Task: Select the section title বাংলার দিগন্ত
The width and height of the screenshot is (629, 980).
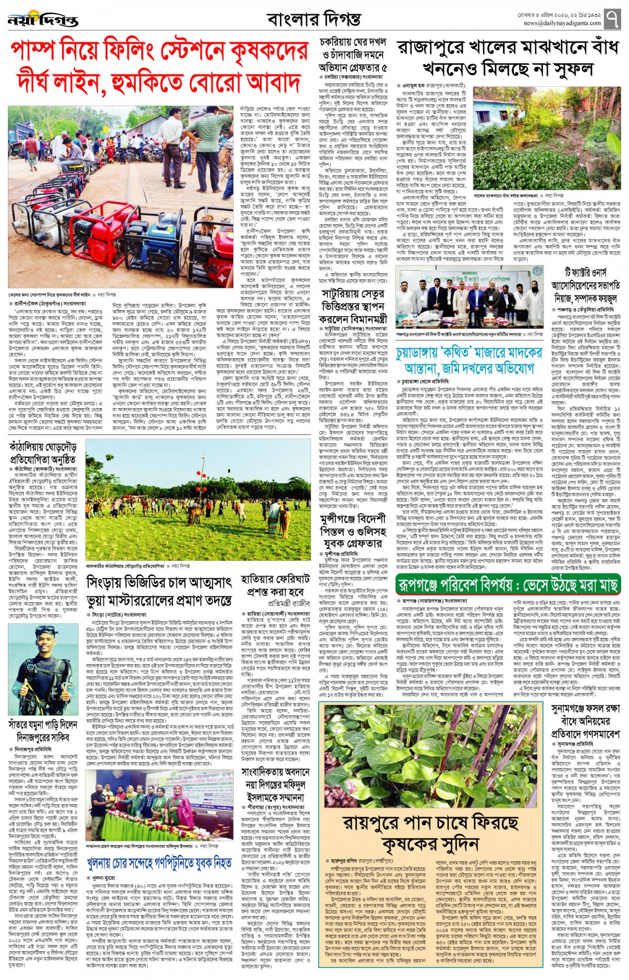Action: click(313, 20)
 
